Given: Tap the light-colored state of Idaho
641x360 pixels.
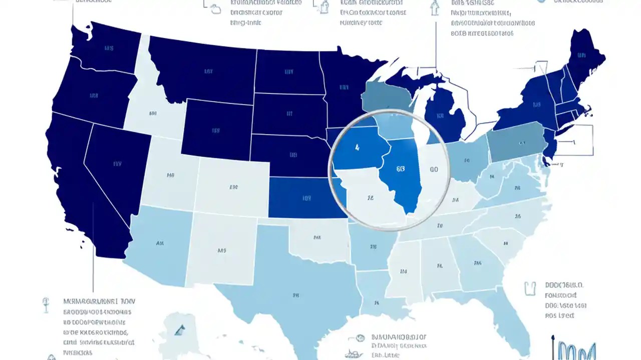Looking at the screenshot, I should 150,112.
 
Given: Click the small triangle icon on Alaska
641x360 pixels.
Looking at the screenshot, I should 180,329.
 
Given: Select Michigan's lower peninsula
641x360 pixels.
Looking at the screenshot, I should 443,115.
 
